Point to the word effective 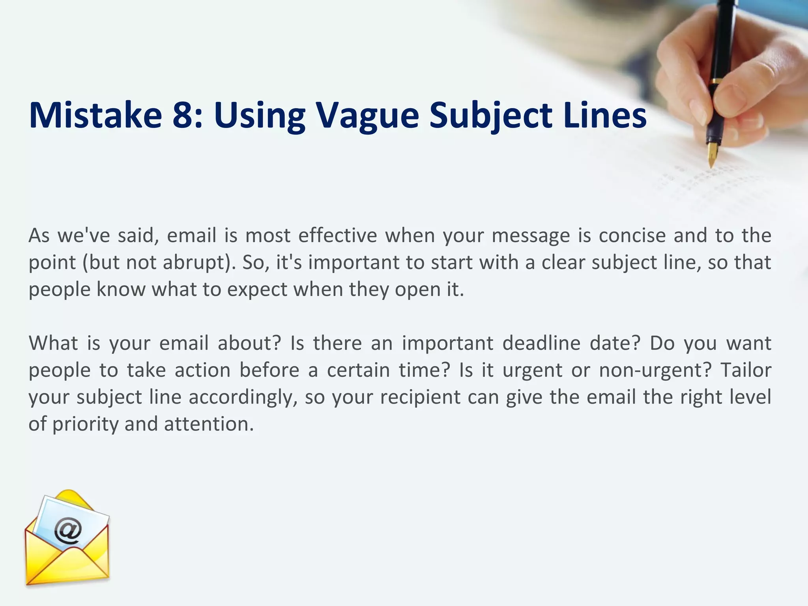click(338, 236)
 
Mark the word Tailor click(746, 370)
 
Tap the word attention click(209, 425)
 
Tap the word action click(202, 370)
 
